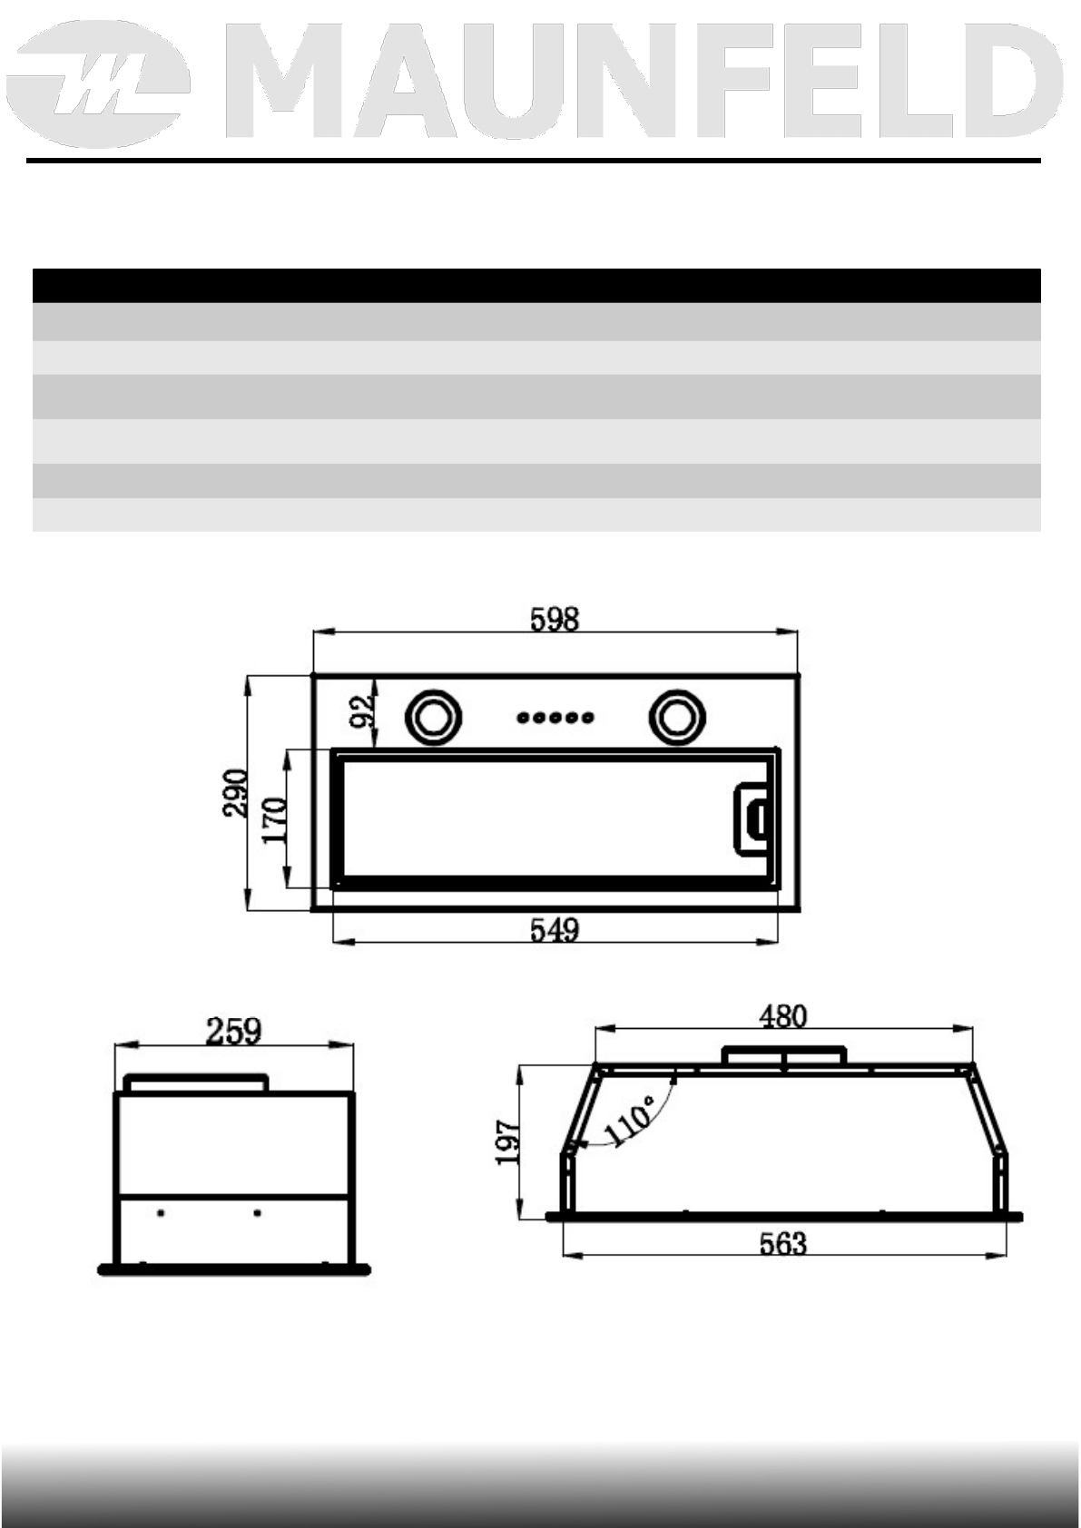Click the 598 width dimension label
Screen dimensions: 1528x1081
point(555,619)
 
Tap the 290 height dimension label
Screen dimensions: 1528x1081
point(236,793)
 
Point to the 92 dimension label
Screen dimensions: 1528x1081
point(361,712)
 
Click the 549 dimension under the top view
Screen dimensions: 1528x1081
point(555,930)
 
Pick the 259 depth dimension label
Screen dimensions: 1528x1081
point(233,1031)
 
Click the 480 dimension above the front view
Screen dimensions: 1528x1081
point(782,1015)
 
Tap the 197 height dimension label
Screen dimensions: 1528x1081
point(508,1142)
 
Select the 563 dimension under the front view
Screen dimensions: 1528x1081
point(782,1243)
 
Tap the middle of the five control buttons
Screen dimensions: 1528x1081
point(555,718)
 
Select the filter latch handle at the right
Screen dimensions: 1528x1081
point(752,818)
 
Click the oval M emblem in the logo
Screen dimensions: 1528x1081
point(103,89)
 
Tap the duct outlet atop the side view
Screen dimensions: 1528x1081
point(196,1082)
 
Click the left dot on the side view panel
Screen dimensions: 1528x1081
point(161,1212)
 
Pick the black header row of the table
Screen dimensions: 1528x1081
point(536,285)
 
